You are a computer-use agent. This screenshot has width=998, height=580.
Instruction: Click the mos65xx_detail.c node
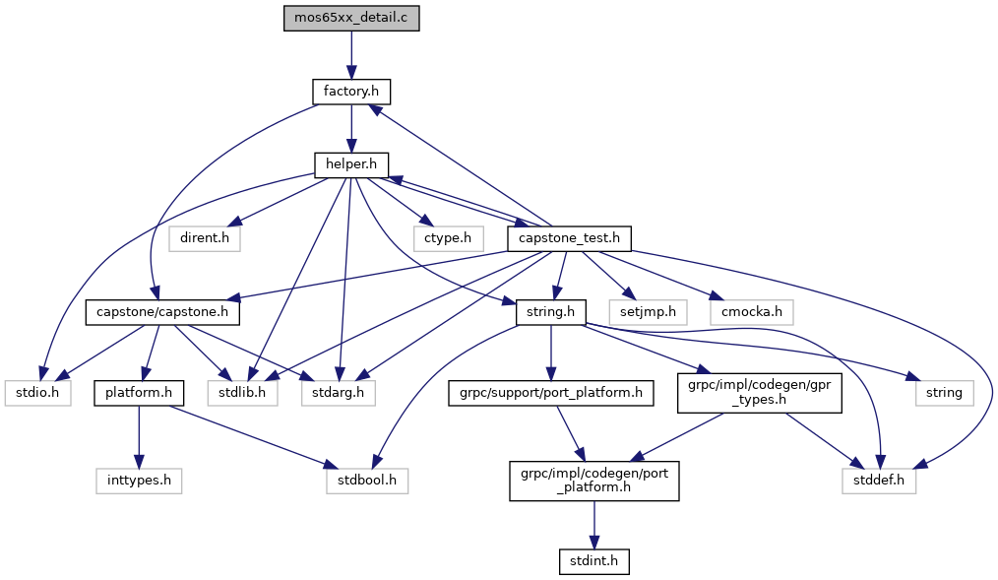point(351,19)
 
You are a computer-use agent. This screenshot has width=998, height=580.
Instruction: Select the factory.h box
point(351,93)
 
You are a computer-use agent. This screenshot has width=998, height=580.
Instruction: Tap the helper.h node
point(351,165)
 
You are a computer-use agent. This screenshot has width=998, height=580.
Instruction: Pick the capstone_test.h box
point(568,238)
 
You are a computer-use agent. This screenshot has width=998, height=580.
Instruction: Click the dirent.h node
point(204,238)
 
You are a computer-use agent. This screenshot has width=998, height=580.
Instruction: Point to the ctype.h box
point(448,238)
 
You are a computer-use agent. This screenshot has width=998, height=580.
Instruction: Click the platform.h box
point(139,394)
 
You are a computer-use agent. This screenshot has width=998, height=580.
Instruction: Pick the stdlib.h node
point(242,394)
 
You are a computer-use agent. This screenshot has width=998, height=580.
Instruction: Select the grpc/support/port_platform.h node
point(551,394)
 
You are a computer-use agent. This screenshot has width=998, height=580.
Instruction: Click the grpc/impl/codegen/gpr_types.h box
point(759,394)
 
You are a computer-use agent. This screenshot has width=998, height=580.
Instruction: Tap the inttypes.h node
point(139,482)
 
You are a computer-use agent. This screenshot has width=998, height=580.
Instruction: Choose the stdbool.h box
point(367,482)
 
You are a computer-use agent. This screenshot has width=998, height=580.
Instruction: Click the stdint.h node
point(593,562)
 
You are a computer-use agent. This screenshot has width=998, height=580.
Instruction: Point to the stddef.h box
point(879,482)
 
